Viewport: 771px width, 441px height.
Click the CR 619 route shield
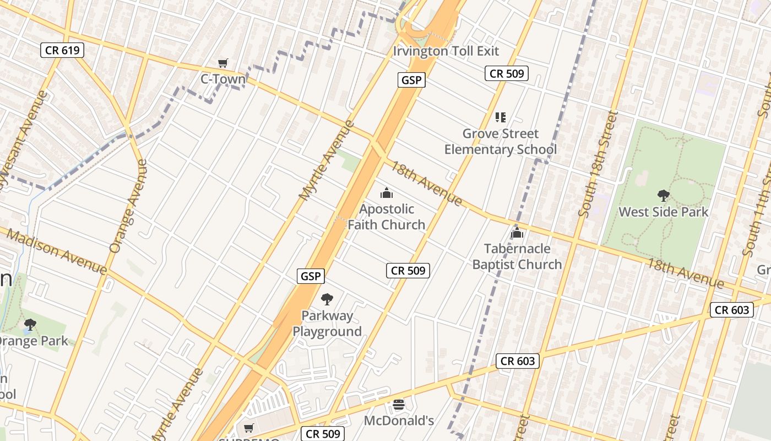click(x=62, y=50)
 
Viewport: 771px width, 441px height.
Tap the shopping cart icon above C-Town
click(x=222, y=63)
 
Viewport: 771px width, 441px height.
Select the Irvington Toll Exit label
click(x=446, y=51)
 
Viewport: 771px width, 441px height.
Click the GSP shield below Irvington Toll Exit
click(x=411, y=80)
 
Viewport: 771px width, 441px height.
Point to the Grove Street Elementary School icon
click(x=500, y=117)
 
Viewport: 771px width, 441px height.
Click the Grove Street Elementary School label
click(x=500, y=142)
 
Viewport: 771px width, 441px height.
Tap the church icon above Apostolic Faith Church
click(x=387, y=193)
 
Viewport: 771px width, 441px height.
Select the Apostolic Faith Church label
click(x=387, y=217)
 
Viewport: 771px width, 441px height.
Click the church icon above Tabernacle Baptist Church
click(x=517, y=233)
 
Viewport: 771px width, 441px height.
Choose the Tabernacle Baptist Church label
click(x=517, y=257)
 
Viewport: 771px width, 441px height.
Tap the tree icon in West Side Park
click(x=663, y=195)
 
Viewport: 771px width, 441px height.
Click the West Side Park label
click(x=663, y=212)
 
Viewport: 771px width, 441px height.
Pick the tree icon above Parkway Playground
click(x=327, y=299)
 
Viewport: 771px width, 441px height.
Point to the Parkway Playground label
click(x=327, y=324)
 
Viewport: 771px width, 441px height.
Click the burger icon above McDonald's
click(x=399, y=405)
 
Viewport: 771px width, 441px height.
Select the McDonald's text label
click(x=399, y=421)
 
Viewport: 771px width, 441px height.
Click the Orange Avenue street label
click(x=128, y=206)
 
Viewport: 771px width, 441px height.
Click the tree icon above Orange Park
click(x=30, y=325)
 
